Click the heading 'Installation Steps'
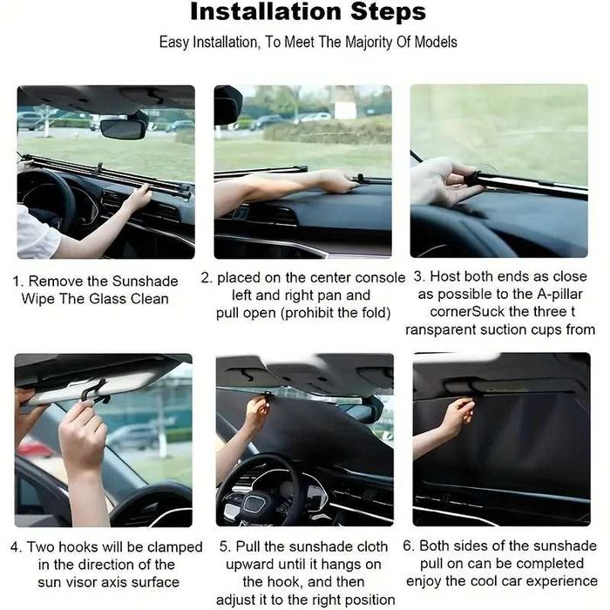click(308, 12)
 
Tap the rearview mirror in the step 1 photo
click(123, 128)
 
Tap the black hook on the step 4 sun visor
click(94, 391)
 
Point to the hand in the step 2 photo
click(335, 180)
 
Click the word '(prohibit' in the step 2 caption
click(317, 313)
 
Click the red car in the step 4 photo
click(33, 448)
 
